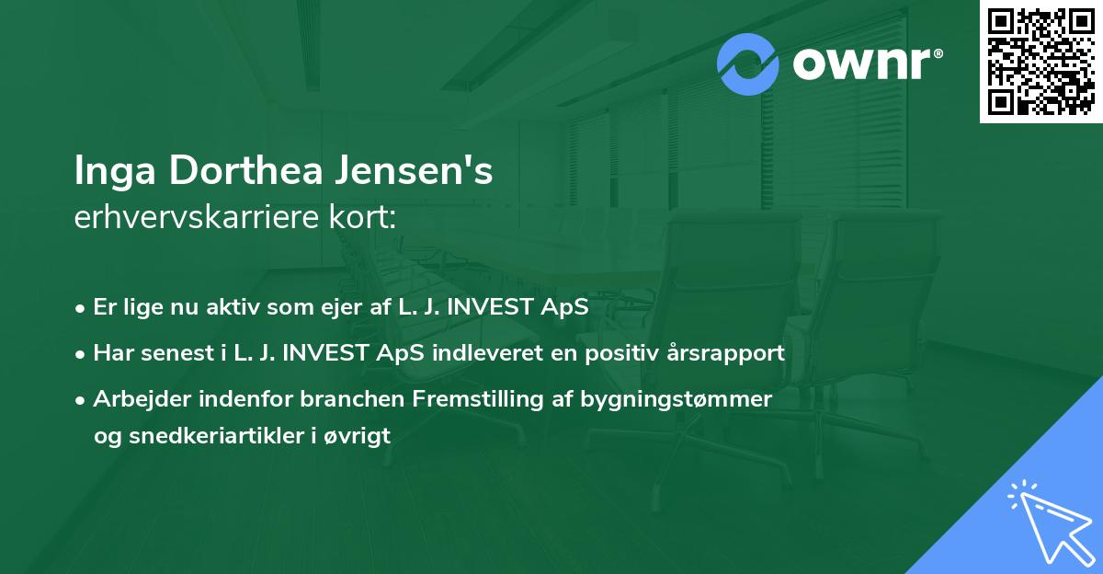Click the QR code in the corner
click(x=1040, y=62)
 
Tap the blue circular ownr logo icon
click(x=748, y=64)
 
